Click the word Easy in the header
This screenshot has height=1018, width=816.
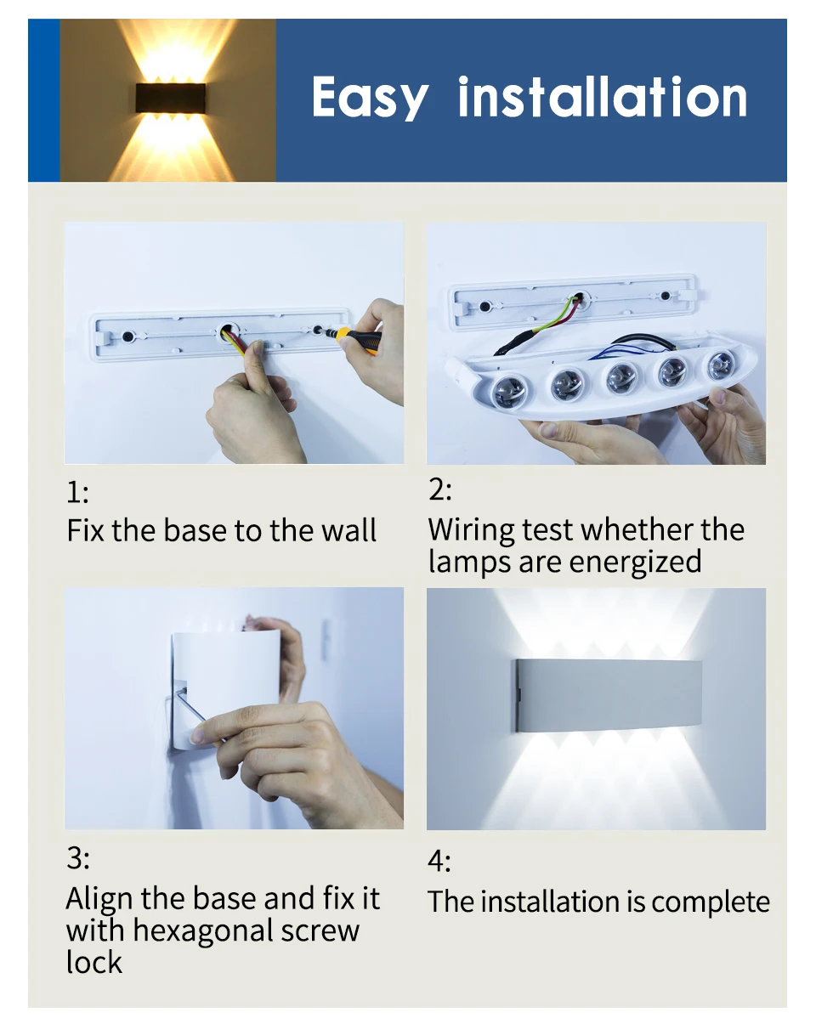tap(370, 98)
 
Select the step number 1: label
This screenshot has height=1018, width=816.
tap(77, 493)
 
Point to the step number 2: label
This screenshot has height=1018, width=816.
tap(440, 490)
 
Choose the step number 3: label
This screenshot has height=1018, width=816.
tap(77, 858)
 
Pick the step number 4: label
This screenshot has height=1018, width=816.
tap(439, 861)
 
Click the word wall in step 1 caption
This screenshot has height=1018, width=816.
tap(348, 530)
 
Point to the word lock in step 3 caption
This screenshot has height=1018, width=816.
tap(94, 963)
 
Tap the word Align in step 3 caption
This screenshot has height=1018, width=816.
tap(95, 898)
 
